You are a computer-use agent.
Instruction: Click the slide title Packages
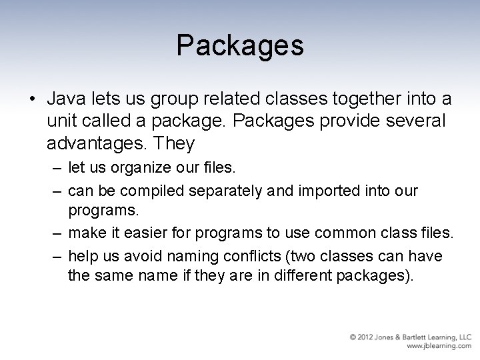point(240,45)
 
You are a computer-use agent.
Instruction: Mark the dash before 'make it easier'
point(55,233)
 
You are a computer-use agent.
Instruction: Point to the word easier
point(155,233)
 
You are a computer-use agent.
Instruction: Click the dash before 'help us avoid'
point(55,256)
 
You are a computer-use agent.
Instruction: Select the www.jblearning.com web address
point(439,347)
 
